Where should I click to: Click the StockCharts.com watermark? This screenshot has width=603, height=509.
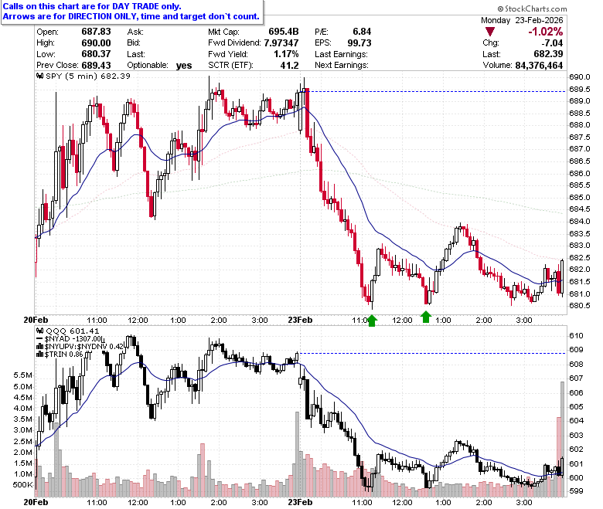(532, 8)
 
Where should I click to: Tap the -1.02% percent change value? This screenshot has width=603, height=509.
(545, 32)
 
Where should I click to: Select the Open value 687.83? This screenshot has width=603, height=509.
(96, 32)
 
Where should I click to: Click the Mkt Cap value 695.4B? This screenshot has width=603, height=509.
(284, 32)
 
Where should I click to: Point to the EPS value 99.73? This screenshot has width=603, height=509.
(359, 42)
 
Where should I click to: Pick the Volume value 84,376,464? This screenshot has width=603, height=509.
(539, 66)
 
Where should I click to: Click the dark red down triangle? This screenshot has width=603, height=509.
(490, 32)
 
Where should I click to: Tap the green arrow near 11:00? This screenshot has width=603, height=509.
(372, 321)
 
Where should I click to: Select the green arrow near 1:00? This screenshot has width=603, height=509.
(426, 317)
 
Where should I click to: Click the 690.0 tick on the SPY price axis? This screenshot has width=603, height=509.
(579, 77)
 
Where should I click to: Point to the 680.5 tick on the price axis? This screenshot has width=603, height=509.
(579, 306)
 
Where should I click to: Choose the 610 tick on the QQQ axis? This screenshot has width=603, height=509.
(576, 336)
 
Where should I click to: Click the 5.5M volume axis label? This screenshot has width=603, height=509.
(22, 375)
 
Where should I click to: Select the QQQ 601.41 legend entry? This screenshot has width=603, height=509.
(67, 331)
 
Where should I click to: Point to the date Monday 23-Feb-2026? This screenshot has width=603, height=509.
(522, 20)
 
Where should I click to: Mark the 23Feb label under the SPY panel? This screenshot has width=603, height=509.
(301, 320)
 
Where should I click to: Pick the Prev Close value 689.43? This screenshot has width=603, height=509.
(96, 66)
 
